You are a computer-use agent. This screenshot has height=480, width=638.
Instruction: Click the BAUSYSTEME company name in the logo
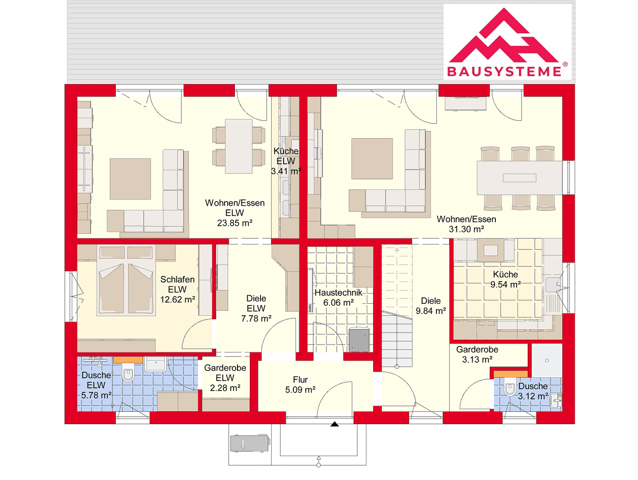point(504,71)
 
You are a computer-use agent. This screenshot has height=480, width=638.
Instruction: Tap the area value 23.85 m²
point(234,223)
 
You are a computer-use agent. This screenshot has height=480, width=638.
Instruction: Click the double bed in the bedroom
point(126,281)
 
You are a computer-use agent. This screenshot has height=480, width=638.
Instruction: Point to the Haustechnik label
point(338,292)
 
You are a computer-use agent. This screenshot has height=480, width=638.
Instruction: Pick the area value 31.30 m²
point(466,229)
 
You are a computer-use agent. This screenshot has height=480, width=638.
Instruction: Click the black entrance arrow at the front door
point(335,424)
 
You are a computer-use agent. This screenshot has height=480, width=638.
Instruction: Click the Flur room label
point(300,379)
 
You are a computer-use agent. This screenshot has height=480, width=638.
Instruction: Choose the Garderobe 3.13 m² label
point(477,354)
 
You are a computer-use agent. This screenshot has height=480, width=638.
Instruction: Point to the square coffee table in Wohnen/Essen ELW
point(130,179)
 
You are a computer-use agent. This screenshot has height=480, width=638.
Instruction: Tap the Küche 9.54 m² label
point(506,279)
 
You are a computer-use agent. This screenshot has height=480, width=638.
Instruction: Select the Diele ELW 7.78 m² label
point(256,308)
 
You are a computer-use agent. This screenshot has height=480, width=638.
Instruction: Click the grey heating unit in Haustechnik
point(360,340)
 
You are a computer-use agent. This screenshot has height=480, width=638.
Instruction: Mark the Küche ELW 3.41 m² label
point(286,161)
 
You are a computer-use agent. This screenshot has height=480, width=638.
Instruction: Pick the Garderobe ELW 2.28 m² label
point(225,378)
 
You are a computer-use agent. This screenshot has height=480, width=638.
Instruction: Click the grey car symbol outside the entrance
point(250,443)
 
